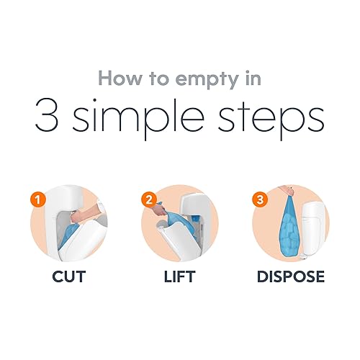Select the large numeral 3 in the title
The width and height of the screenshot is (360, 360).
point(47,115)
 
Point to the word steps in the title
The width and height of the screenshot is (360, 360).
point(271,119)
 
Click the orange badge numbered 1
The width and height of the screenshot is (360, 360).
point(38,200)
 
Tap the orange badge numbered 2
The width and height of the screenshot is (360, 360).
point(149,200)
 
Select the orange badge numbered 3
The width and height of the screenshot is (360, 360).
point(260,200)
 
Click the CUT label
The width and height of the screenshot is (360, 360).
point(69,276)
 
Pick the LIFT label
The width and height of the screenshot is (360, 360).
point(179,276)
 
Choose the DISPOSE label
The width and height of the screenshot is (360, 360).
point(291,276)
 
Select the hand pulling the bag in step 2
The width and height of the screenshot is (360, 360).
point(160,210)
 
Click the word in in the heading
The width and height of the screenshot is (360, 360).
point(253,78)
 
